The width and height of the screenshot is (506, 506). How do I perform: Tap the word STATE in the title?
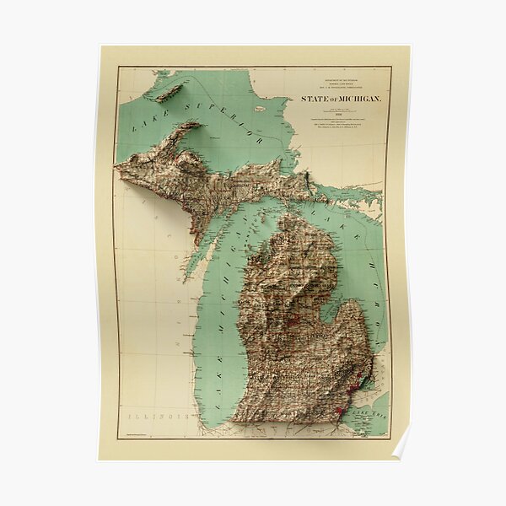coord(314,100)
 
